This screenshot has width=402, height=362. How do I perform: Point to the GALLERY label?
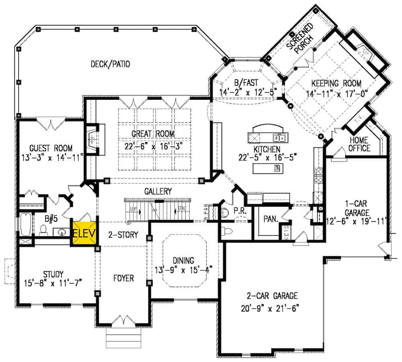(x=159, y=191)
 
